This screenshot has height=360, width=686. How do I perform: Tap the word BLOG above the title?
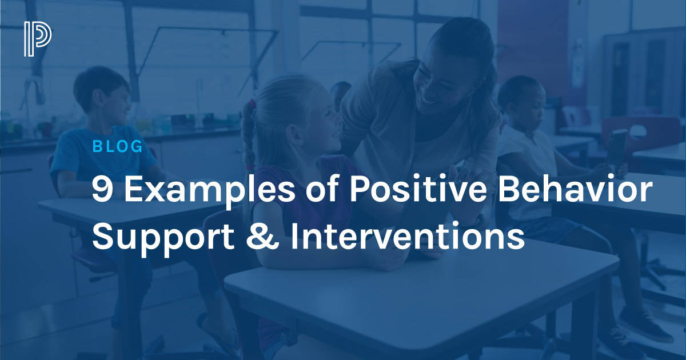(x=117, y=147)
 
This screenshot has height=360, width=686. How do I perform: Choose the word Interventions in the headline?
(x=407, y=237)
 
